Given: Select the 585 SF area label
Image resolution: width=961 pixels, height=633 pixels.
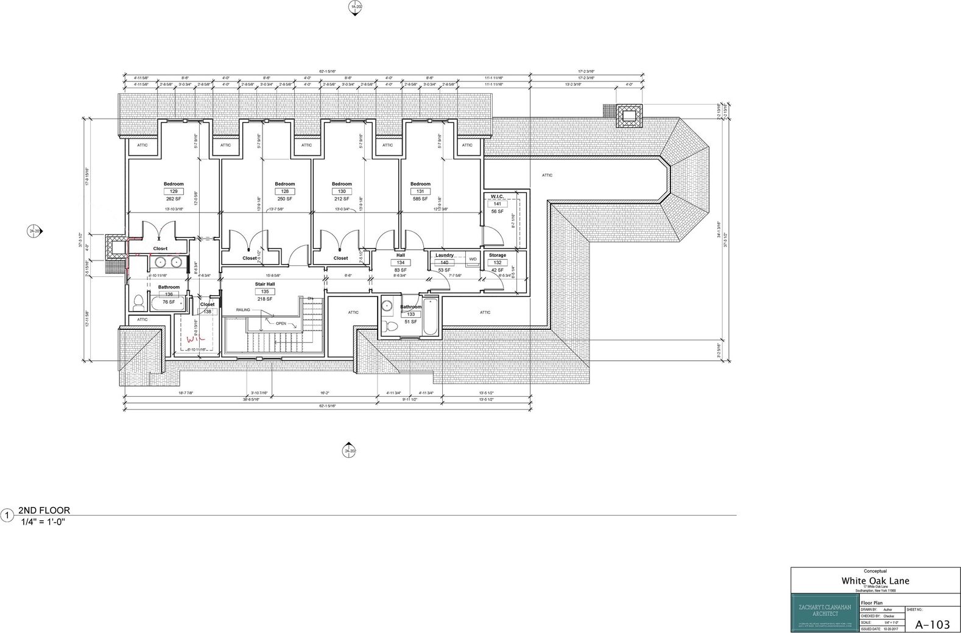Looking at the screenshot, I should (420, 199).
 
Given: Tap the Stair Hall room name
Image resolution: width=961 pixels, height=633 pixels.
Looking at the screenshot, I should (265, 284).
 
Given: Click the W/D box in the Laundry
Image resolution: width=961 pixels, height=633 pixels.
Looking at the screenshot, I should (473, 259).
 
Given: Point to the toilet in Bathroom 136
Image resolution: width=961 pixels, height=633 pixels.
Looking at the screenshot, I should (138, 301).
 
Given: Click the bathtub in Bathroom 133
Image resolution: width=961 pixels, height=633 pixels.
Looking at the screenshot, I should (430, 316).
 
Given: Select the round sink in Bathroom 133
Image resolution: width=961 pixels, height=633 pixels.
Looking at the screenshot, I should (387, 306).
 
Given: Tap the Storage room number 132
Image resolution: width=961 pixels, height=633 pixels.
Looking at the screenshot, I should (498, 263).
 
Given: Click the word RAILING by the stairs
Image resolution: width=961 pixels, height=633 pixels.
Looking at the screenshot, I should (243, 310).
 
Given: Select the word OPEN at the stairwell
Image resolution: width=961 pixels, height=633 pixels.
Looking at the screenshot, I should (280, 323).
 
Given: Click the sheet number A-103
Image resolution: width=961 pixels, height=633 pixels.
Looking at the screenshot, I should (932, 624).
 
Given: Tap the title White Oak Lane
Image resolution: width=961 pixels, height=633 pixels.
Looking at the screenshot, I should (875, 581).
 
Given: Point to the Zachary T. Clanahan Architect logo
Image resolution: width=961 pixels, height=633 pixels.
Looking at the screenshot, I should (825, 610).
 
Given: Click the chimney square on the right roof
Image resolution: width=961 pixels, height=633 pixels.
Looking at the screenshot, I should (628, 115).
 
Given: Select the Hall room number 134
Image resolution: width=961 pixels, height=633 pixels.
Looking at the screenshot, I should (401, 263).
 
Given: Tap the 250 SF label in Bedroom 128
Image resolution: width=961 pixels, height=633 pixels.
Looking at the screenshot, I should (284, 199).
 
